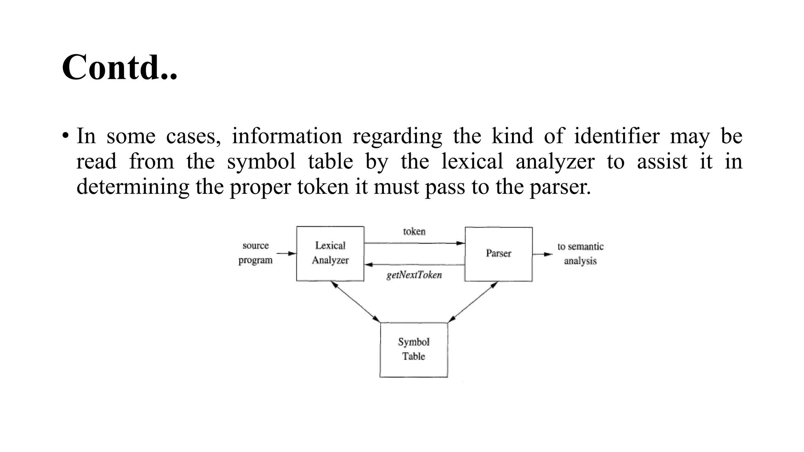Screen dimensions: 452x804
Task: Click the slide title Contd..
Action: click(120, 67)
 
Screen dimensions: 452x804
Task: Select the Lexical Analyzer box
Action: click(330, 253)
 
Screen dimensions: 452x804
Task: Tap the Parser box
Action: click(499, 254)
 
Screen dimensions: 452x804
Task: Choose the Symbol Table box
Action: click(414, 349)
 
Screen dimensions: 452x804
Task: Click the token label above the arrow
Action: click(414, 231)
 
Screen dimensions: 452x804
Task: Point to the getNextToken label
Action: click(414, 275)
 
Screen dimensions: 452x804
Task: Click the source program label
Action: click(256, 253)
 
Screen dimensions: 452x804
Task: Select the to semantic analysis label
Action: click(580, 253)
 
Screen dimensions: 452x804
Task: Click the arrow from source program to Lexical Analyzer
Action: click(286, 253)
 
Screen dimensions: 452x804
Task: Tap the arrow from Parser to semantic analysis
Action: click(543, 254)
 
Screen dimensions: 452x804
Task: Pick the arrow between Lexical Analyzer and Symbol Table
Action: click(355, 301)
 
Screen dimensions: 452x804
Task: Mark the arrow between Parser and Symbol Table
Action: click(473, 302)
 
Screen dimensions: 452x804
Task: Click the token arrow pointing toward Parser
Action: click(414, 243)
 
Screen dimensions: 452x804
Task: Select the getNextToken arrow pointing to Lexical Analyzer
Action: click(414, 265)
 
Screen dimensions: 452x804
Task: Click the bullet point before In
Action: click(65, 137)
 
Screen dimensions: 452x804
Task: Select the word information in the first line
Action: click(287, 136)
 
